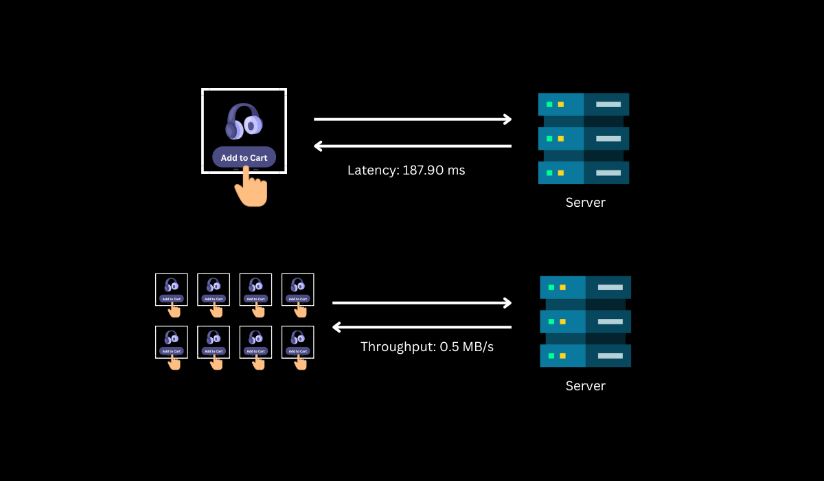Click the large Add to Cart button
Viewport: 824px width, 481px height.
click(x=244, y=157)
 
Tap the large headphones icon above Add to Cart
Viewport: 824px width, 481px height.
click(x=244, y=121)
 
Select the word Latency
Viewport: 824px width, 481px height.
click(x=371, y=170)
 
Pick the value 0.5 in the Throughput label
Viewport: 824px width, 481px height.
click(x=448, y=347)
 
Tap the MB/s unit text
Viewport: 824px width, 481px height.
click(x=477, y=347)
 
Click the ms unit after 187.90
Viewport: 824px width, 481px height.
click(x=456, y=170)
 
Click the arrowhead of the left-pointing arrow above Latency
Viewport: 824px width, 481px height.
click(x=318, y=146)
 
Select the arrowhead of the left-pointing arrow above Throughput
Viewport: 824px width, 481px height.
click(x=336, y=327)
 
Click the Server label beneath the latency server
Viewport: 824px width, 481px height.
click(x=585, y=203)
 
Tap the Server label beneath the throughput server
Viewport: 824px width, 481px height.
click(x=585, y=386)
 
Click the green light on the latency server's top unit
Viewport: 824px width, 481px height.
click(x=549, y=104)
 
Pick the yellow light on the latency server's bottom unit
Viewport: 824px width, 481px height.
click(x=561, y=173)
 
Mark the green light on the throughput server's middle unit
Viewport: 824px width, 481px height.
click(x=551, y=322)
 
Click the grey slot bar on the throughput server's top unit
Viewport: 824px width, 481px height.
click(x=610, y=287)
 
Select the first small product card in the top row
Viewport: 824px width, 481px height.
click(x=172, y=290)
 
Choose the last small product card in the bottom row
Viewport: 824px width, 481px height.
click(x=297, y=342)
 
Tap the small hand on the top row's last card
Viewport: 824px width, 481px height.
click(x=300, y=310)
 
